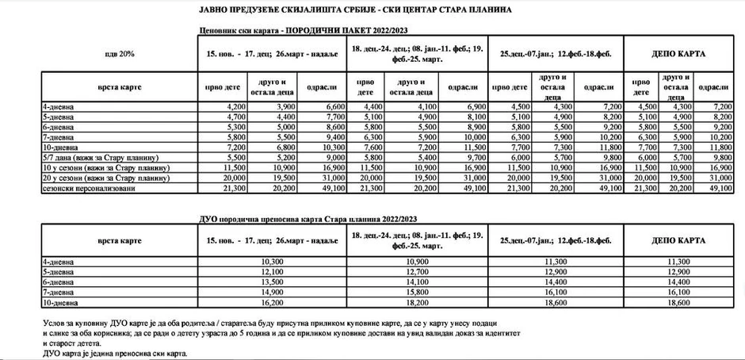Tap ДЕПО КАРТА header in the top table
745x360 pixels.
[x=678, y=54]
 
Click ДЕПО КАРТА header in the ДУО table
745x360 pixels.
[x=678, y=240]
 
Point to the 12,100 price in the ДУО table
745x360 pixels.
[x=271, y=271]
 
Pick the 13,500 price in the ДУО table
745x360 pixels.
[x=271, y=281]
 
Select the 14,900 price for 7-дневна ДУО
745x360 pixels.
[x=271, y=292]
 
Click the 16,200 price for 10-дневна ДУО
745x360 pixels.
[x=271, y=302]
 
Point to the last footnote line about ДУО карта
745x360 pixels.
[x=116, y=353]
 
